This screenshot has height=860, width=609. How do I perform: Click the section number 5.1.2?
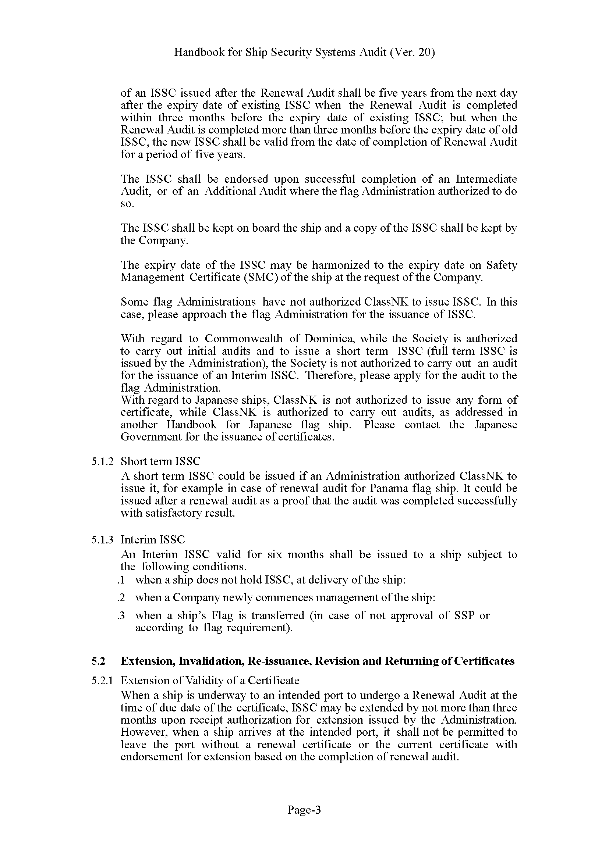coord(102,461)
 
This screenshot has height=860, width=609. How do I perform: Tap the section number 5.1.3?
coord(102,540)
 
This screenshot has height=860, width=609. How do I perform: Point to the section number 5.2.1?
coord(102,680)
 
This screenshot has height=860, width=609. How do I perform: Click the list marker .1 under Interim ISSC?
coord(121,581)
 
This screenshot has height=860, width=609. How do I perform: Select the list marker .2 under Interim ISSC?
coord(121,597)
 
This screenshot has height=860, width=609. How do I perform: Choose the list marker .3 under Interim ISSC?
coord(121,615)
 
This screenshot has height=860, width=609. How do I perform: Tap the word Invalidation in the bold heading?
coord(211,661)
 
